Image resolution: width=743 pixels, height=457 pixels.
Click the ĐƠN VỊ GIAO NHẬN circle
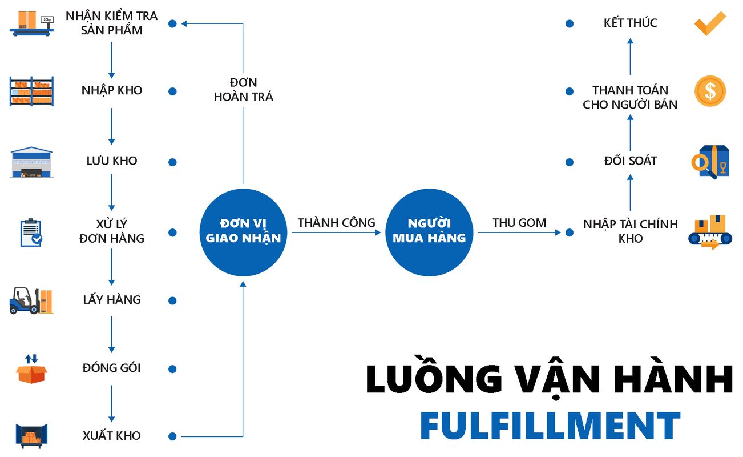243,231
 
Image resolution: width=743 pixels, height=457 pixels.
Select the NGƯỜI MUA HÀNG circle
429,231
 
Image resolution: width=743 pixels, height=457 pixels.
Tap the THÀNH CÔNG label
336,223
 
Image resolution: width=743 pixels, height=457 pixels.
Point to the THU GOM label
519,223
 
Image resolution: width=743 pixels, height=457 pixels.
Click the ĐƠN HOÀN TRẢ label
244,90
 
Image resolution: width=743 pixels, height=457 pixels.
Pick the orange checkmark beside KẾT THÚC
709,23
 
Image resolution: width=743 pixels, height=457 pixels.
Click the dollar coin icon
710,91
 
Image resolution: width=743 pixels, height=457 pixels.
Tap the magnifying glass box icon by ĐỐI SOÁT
710,162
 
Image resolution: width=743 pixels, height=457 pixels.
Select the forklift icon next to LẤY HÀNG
31,300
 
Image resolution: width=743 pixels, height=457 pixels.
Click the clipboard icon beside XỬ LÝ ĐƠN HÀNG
31,232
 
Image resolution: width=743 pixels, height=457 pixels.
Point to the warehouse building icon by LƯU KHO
31,162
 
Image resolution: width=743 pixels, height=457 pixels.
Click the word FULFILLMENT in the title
550,426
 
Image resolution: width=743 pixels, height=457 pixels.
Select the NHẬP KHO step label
112,90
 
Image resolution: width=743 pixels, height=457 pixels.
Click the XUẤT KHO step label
112,435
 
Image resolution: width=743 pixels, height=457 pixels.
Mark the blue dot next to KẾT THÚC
569,24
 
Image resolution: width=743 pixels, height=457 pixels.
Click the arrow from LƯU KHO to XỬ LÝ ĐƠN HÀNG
112,192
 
